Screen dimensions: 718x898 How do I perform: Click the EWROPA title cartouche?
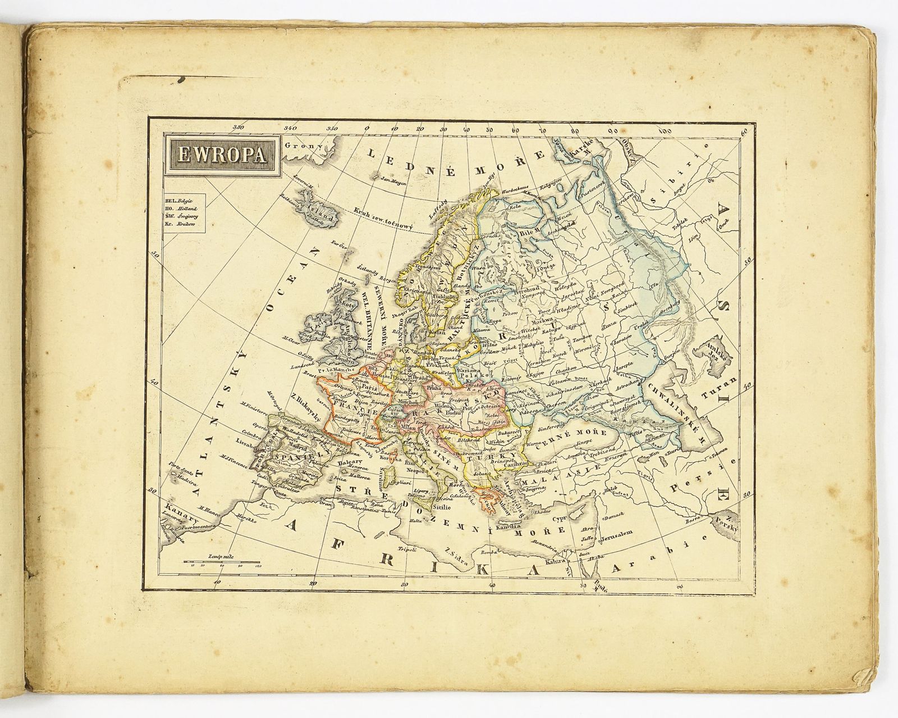pos(222,153)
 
